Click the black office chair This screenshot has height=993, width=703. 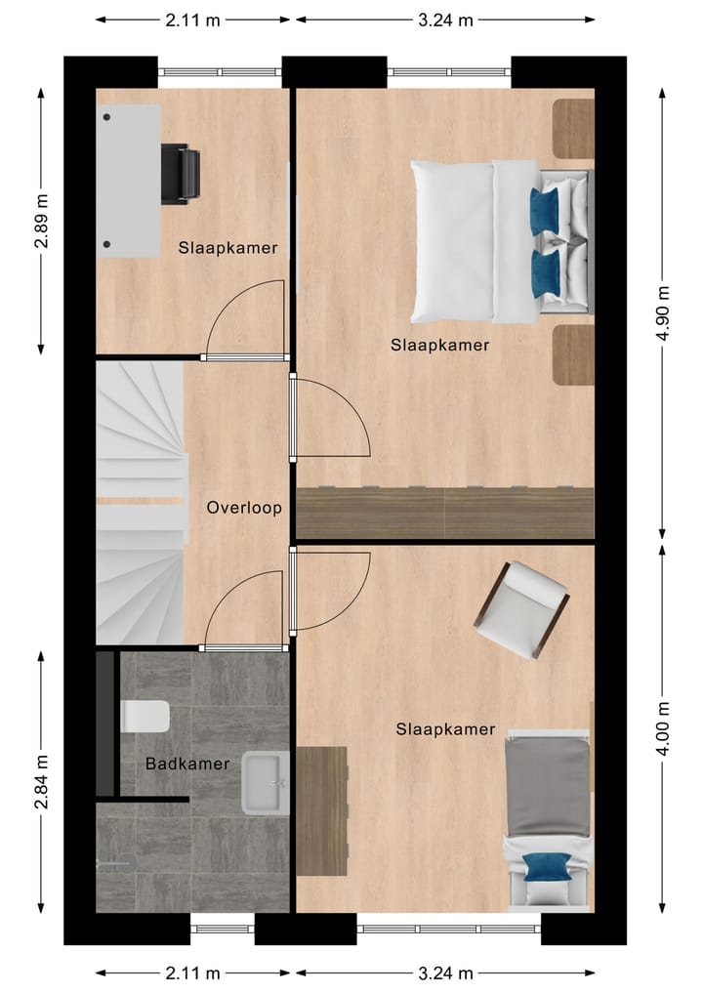click(180, 174)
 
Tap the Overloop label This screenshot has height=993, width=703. click(244, 508)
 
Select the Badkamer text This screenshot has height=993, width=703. click(187, 764)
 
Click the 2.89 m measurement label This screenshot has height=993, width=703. click(42, 222)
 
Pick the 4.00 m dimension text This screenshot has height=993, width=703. click(664, 728)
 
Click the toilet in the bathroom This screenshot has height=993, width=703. click(145, 718)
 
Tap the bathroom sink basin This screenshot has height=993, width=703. click(265, 782)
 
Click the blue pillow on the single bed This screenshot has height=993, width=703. click(548, 867)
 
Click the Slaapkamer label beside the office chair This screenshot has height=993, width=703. click(227, 248)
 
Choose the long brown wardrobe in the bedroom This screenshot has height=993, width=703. click(445, 513)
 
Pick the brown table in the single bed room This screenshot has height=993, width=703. click(322, 810)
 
